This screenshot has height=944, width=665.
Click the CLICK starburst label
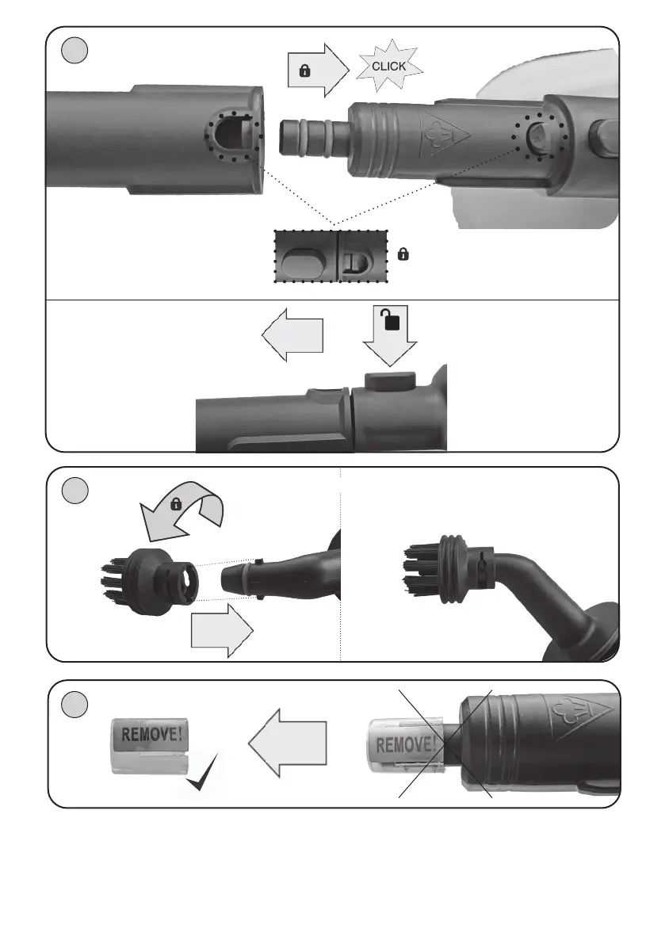click(x=389, y=67)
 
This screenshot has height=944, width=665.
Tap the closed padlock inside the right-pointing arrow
click(x=304, y=71)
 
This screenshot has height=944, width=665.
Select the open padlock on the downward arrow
click(x=391, y=319)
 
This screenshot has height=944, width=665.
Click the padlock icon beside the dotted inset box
click(x=403, y=254)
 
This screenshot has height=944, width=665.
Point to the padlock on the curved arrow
click(x=176, y=504)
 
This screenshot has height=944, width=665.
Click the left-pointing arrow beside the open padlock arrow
click(x=292, y=334)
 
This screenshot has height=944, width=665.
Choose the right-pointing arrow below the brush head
click(x=222, y=630)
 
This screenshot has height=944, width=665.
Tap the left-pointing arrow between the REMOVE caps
click(x=287, y=743)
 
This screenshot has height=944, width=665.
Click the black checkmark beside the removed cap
click(x=202, y=773)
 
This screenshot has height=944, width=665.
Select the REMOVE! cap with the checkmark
click(x=149, y=746)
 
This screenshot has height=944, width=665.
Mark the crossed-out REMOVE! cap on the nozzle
click(x=405, y=746)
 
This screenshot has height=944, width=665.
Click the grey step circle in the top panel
click(x=75, y=51)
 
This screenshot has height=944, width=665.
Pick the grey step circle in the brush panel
click(x=75, y=491)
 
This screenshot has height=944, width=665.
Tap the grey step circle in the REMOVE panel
click(x=75, y=705)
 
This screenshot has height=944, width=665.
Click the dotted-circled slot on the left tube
click(x=233, y=136)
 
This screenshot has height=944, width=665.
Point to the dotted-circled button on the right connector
click(x=539, y=137)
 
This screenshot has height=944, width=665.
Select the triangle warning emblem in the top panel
click(x=444, y=136)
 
